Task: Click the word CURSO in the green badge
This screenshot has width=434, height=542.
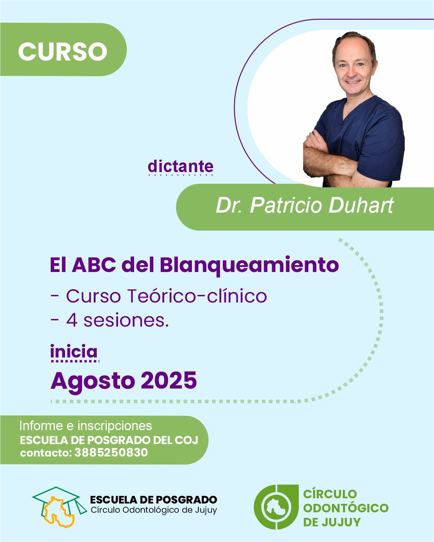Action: pyautogui.click(x=63, y=51)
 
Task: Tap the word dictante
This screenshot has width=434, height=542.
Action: pyautogui.click(x=180, y=166)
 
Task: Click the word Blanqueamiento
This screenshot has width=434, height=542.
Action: pyautogui.click(x=249, y=265)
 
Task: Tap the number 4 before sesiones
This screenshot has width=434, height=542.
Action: pyautogui.click(x=72, y=320)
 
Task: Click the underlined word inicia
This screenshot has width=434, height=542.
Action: pyautogui.click(x=74, y=352)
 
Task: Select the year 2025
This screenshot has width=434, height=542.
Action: pyautogui.click(x=169, y=380)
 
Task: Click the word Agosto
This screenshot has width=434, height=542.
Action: pyautogui.click(x=93, y=381)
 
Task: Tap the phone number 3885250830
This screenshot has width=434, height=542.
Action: pyautogui.click(x=111, y=453)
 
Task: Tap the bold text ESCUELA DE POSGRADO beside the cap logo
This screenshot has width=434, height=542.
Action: pyautogui.click(x=153, y=499)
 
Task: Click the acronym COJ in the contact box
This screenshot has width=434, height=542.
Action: pyautogui.click(x=187, y=440)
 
